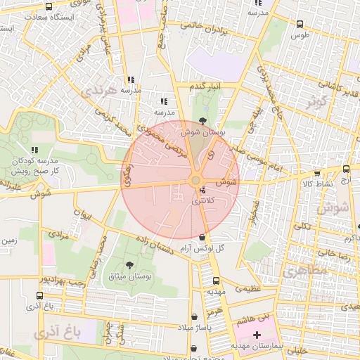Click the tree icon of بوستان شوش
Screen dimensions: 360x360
click(203, 120)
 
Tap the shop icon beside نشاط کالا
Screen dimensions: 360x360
click(317, 172)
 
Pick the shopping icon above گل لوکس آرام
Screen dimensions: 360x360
click(203, 238)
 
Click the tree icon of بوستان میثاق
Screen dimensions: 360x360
click(129, 265)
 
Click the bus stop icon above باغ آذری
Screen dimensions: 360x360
click(39, 296)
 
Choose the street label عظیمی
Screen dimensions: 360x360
click(252, 288)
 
